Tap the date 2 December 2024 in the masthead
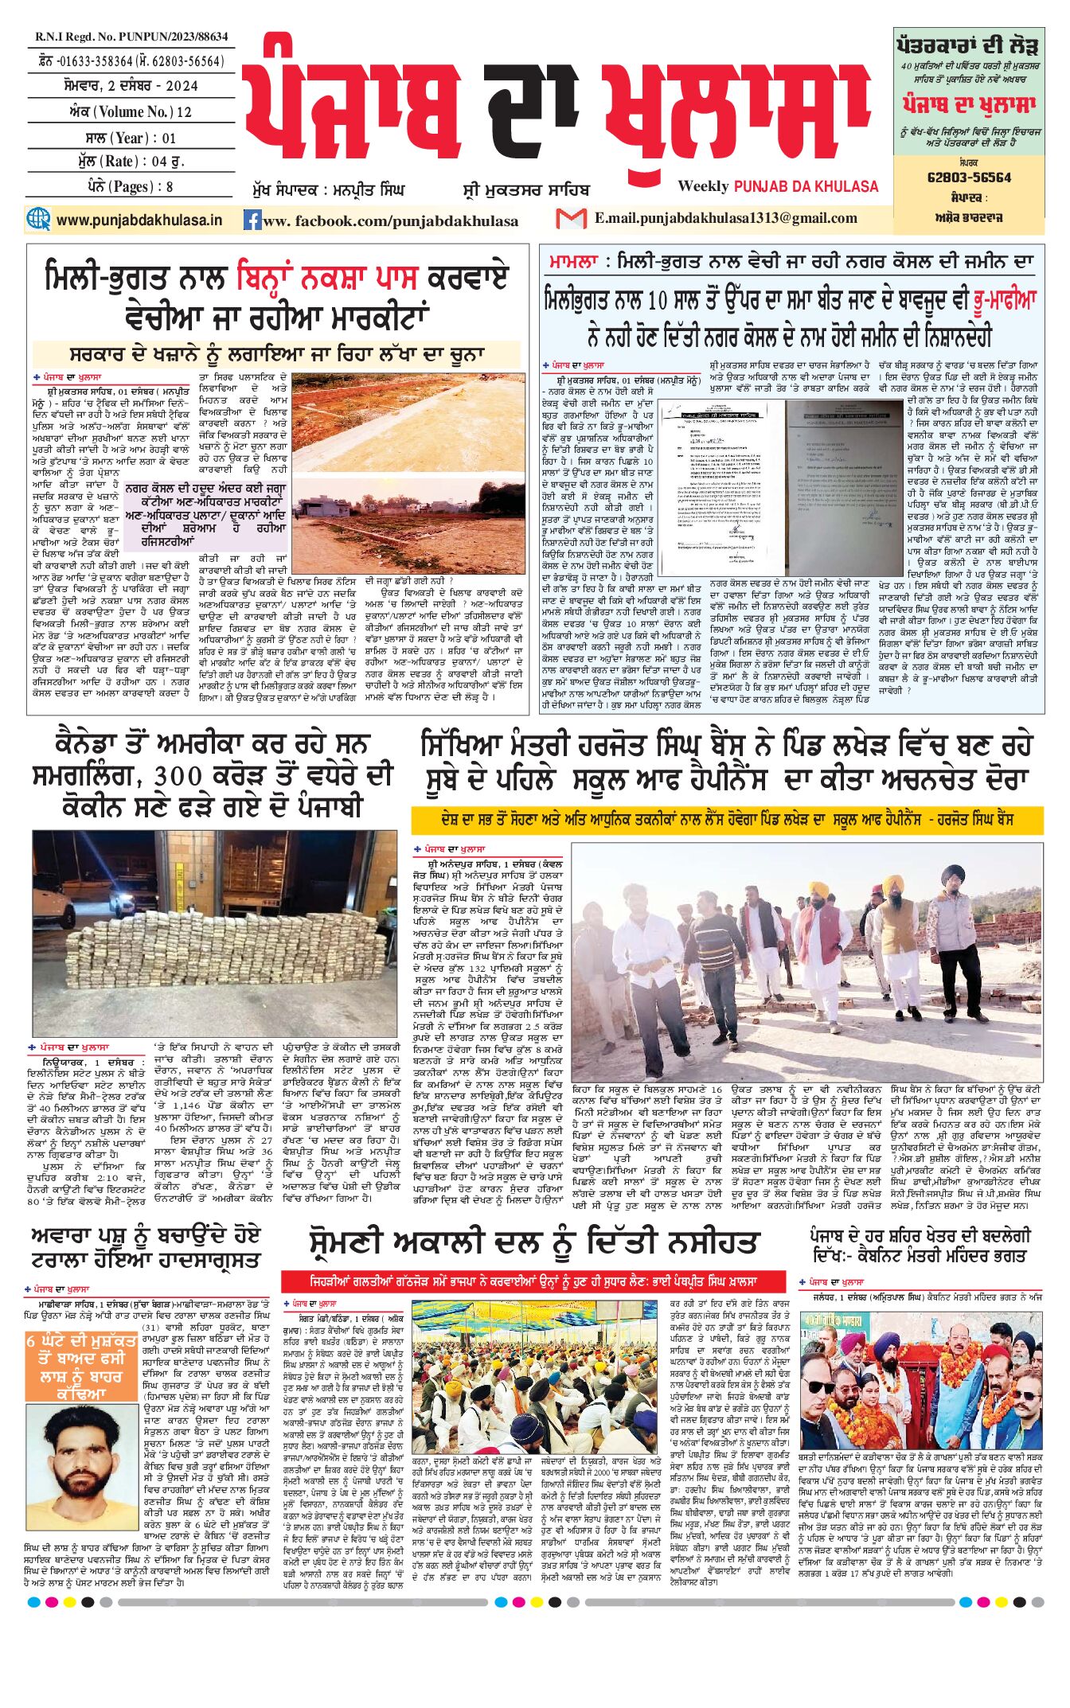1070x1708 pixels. (132, 86)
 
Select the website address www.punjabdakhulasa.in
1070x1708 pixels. (139, 220)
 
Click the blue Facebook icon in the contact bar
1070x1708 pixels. (252, 220)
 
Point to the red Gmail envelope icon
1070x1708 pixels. (571, 218)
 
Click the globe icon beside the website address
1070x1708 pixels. (38, 219)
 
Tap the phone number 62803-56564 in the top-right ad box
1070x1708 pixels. (969, 177)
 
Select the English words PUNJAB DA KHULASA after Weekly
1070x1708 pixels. (806, 186)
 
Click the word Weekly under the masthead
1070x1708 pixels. (703, 186)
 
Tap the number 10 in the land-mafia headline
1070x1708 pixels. (657, 301)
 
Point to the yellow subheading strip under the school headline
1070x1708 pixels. (726, 819)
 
